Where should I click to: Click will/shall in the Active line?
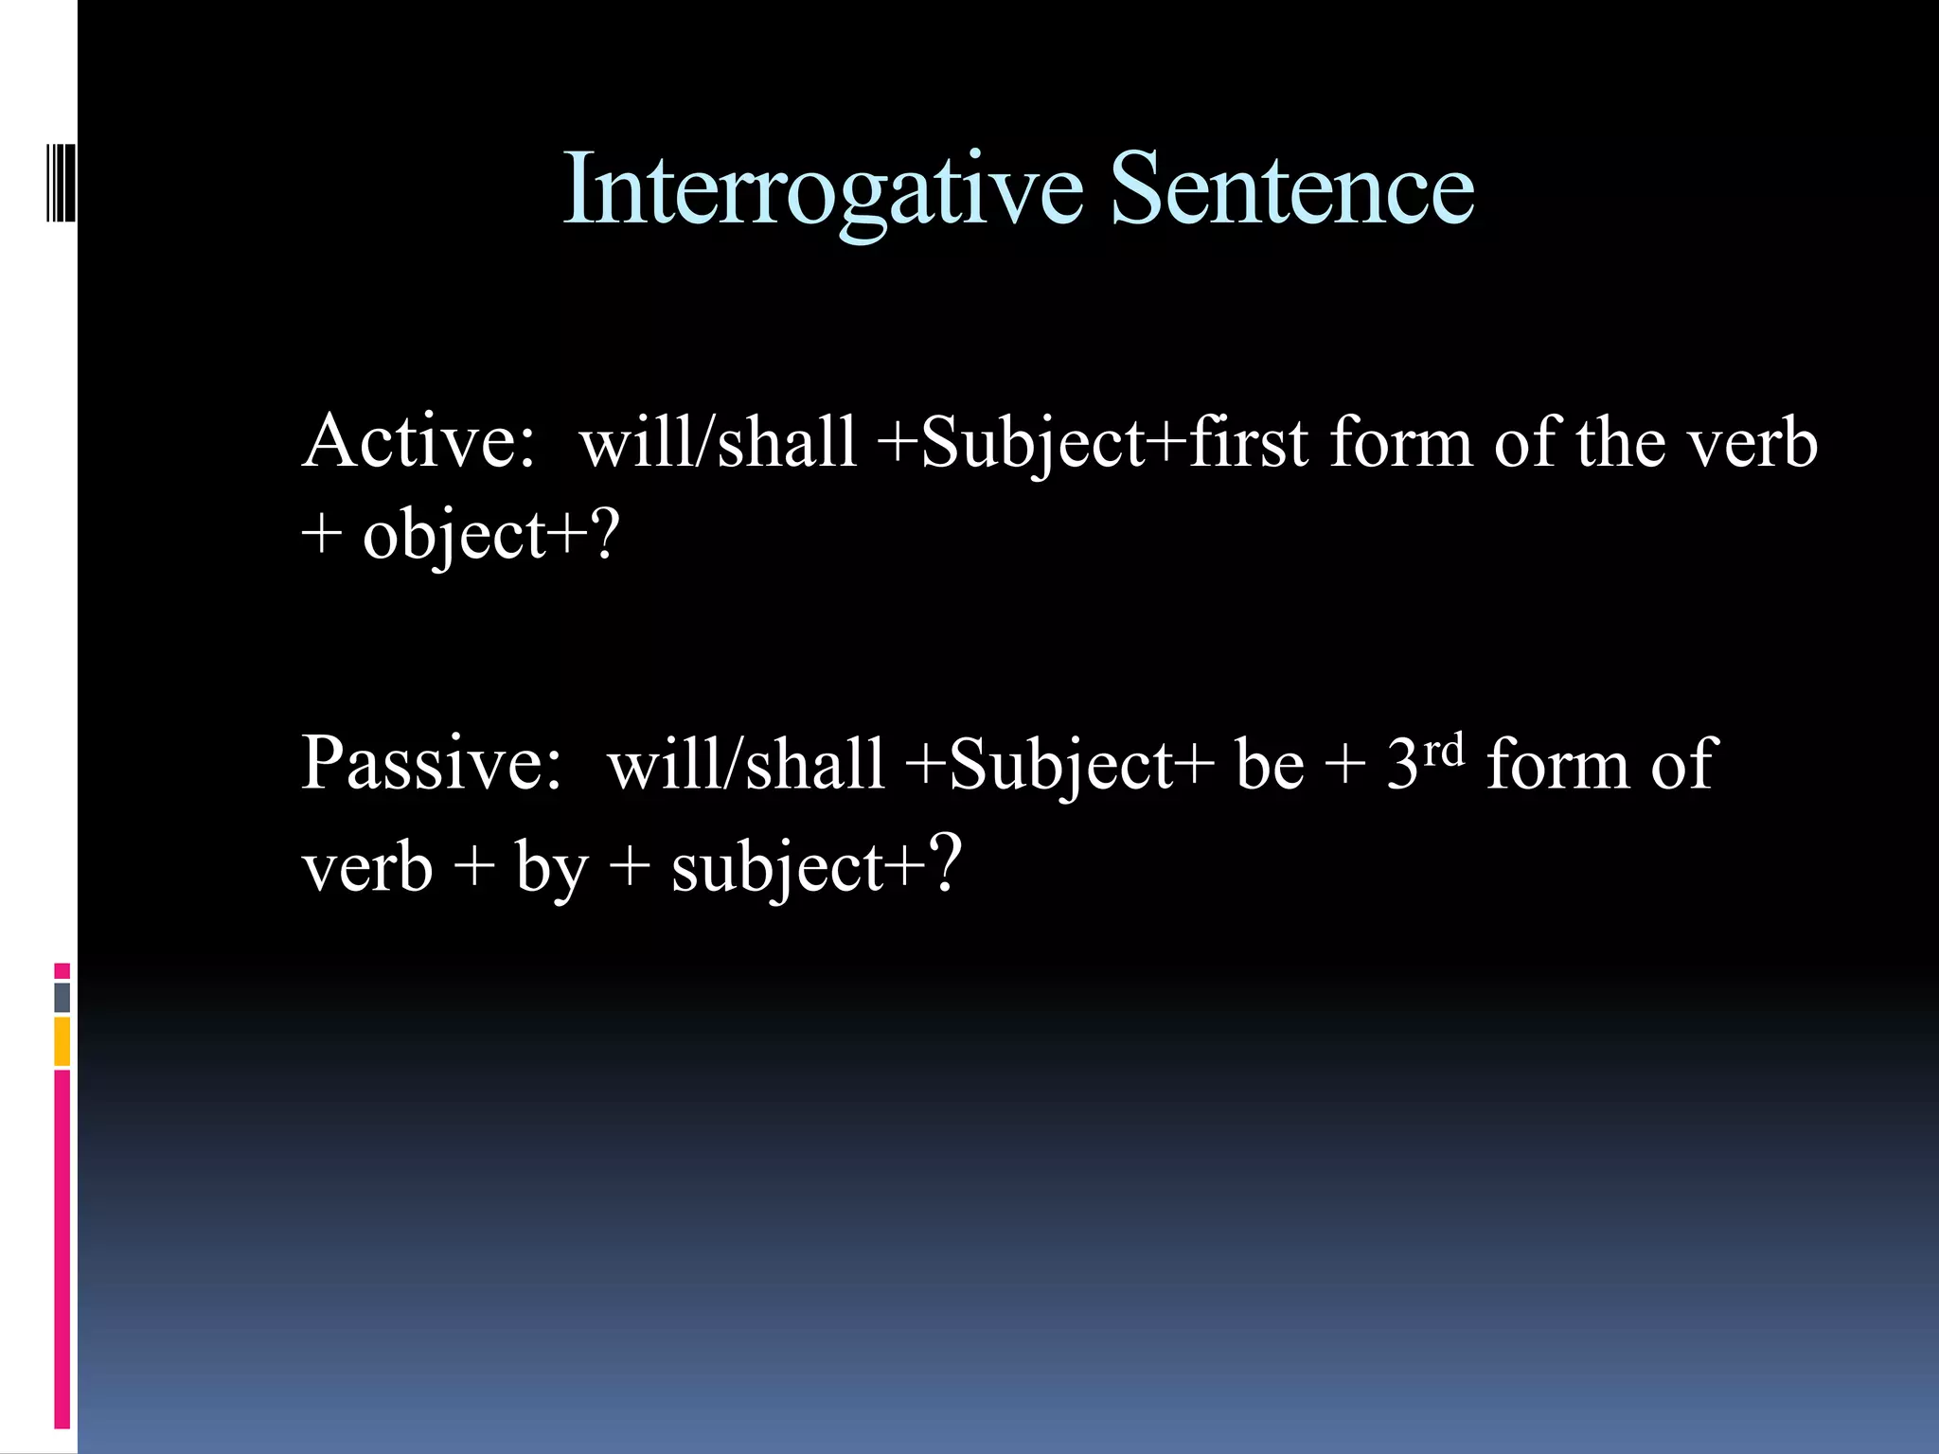coord(718,443)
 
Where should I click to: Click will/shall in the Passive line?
coord(746,765)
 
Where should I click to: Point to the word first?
coord(1250,443)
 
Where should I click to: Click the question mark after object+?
coord(603,534)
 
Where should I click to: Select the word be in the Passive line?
coord(1270,765)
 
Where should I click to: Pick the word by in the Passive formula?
coord(551,867)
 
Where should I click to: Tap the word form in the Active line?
coord(1401,443)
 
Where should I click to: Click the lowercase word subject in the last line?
coord(776,867)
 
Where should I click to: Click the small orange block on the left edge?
coord(62,1041)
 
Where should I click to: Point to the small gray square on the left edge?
coord(62,997)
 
